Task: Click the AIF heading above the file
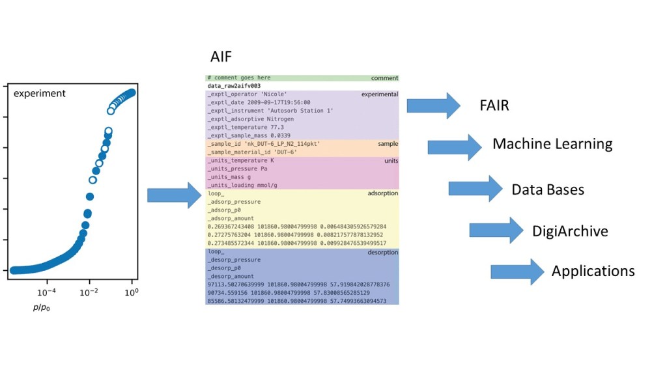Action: (x=221, y=57)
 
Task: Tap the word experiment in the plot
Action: (x=40, y=94)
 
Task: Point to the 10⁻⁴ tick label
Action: (x=46, y=292)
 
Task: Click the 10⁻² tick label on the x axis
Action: (x=89, y=292)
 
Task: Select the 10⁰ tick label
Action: (x=132, y=292)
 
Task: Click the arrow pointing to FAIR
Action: (x=433, y=105)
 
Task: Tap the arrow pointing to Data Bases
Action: (x=475, y=189)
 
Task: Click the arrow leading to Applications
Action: (x=517, y=271)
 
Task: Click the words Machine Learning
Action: (x=552, y=144)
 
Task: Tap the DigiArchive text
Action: (x=570, y=230)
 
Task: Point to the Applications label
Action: (x=593, y=271)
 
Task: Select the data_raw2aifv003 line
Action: (x=234, y=86)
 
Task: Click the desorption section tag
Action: (x=382, y=252)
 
